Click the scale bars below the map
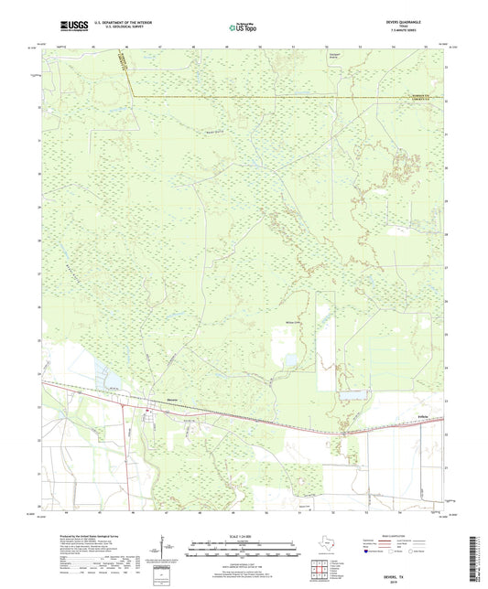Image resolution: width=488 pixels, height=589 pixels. (x=243, y=551)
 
